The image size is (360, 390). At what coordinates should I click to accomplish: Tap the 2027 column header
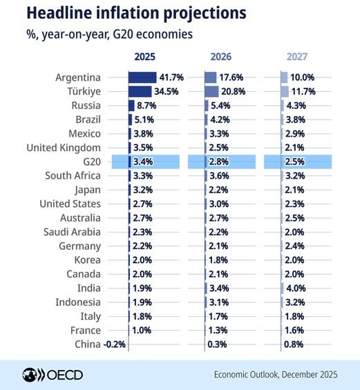pyautogui.click(x=295, y=57)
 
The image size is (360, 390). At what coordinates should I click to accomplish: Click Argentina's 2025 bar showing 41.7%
pyautogui.click(x=142, y=77)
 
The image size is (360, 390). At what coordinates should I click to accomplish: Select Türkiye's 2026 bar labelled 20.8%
pyautogui.click(x=211, y=91)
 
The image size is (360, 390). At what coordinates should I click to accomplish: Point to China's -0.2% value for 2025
pyautogui.click(x=114, y=344)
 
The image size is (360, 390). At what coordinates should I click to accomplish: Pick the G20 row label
pyautogui.click(x=91, y=162)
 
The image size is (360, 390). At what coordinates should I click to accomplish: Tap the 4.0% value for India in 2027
pyautogui.click(x=299, y=288)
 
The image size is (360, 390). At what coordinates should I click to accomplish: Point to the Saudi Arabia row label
pyautogui.click(x=72, y=232)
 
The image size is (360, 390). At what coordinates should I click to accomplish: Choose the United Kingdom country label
pyautogui.click(x=64, y=148)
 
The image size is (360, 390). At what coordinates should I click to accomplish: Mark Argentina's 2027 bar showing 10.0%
pyautogui.click(x=284, y=77)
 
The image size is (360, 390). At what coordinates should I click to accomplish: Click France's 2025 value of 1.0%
pyautogui.click(x=141, y=330)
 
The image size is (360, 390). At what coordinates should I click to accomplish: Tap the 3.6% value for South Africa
pyautogui.click(x=221, y=175)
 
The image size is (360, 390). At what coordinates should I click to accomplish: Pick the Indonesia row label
pyautogui.click(x=77, y=302)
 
